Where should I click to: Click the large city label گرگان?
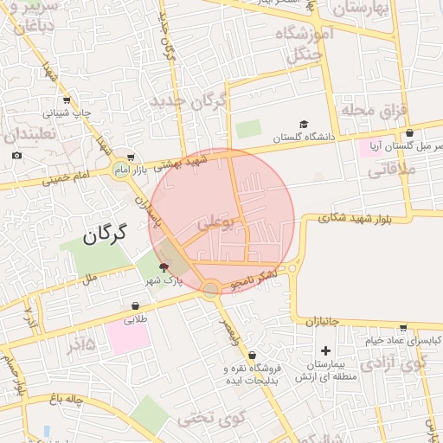[106, 233]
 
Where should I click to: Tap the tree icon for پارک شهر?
[164, 267]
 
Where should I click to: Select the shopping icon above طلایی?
[136, 305]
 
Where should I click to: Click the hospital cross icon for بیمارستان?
[325, 350]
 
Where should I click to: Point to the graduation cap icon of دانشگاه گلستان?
[303, 124]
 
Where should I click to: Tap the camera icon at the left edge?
[16, 155]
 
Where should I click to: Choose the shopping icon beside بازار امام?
[130, 157]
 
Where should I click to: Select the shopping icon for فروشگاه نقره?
[252, 355]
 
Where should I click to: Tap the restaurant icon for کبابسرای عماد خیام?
[402, 328]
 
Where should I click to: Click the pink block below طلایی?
[129, 337]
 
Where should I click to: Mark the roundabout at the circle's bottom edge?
[210, 290]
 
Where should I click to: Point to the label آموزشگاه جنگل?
[299, 43]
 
